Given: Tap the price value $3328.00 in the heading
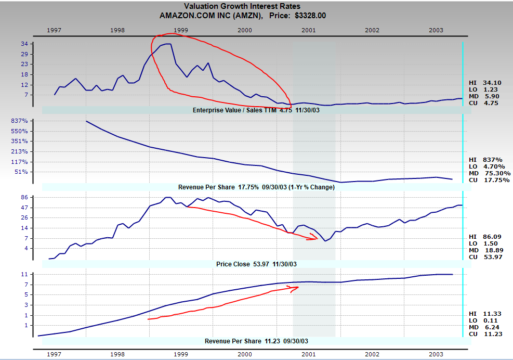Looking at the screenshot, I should coord(310,16).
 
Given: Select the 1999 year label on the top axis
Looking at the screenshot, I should coord(181,30).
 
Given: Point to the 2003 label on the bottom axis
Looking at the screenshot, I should coord(436,353).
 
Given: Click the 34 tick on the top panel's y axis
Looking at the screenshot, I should coord(24,44).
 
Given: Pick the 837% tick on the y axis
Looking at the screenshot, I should coord(20,121).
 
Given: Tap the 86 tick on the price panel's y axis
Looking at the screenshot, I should coord(24,198).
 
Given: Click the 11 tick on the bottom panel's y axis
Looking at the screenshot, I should coord(24,274).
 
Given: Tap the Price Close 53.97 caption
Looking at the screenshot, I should coord(256,264).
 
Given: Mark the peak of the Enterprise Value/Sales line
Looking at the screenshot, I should coord(167,44).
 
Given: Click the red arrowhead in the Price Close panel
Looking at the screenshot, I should coord(315,238).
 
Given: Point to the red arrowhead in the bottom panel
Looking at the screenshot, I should coord(297,287).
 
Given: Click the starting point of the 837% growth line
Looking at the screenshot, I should coord(86,121).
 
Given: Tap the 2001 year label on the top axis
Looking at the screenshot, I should coord(308,30).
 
